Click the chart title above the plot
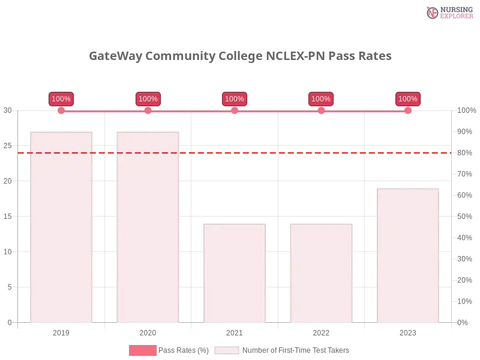click(x=240, y=56)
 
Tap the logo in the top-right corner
click(x=448, y=12)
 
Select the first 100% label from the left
click(x=61, y=99)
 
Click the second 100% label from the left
click(x=148, y=99)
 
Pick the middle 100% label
click(x=235, y=99)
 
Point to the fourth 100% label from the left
click(x=321, y=99)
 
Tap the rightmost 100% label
click(x=408, y=99)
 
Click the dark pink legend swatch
click(x=142, y=350)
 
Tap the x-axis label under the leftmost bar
click(x=62, y=331)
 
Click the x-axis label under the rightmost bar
click(x=408, y=331)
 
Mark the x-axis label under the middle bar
click(x=235, y=331)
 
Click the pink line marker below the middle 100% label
click(x=235, y=110)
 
